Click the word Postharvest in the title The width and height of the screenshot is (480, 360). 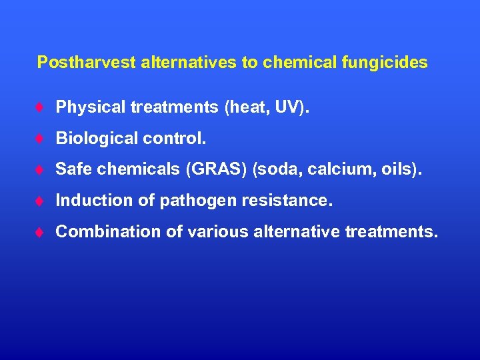point(86,63)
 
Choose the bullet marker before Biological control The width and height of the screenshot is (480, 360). point(41,139)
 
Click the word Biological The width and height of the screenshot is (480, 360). point(90,139)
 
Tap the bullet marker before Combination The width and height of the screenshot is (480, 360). point(41,233)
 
